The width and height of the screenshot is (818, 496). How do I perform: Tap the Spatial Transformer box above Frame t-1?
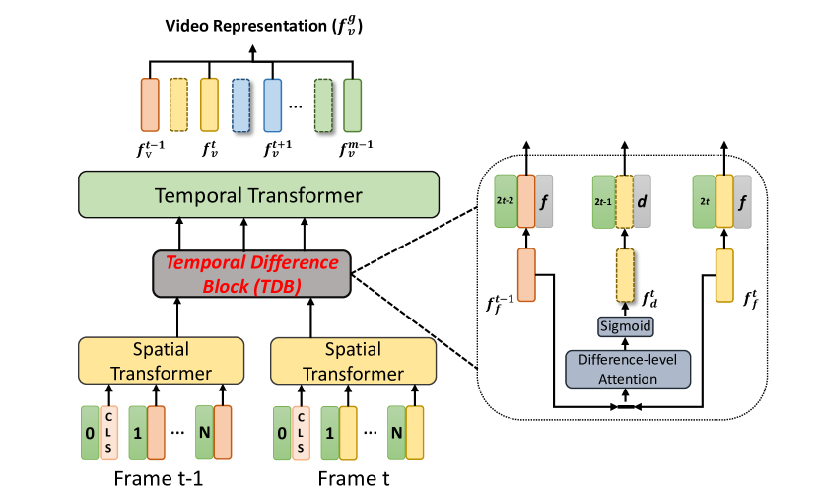tap(161, 361)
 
